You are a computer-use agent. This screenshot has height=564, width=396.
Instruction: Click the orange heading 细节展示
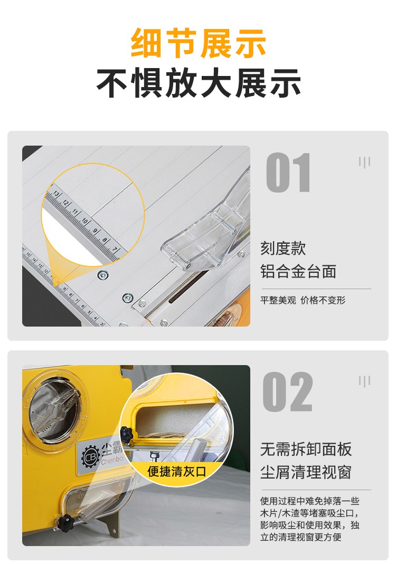(x=198, y=43)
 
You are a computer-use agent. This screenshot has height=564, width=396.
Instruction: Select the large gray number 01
(x=288, y=173)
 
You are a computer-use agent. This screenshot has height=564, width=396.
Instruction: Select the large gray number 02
(x=288, y=392)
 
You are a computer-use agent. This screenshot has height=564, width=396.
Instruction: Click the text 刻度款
(x=283, y=248)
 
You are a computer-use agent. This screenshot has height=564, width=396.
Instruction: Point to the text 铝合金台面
(x=298, y=272)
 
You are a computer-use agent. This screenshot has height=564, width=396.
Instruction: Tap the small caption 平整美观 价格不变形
(x=303, y=300)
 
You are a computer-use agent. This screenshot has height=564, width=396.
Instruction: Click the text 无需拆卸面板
(x=306, y=449)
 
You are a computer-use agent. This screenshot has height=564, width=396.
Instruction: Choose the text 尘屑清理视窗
(x=306, y=472)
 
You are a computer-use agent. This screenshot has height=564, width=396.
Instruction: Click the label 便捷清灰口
(x=176, y=471)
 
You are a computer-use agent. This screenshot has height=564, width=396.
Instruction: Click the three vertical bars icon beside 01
(x=364, y=162)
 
